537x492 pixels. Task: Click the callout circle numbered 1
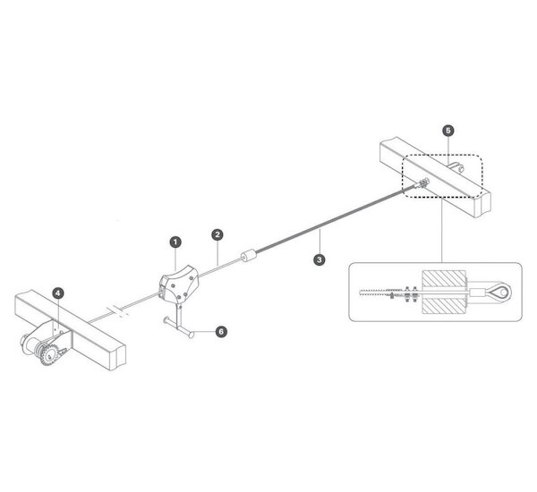coord(175,242)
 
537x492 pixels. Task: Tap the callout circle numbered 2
coord(217,234)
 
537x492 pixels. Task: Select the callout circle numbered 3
coord(320,259)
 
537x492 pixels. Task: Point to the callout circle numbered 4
coord(58,293)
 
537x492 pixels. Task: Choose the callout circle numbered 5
coord(448,131)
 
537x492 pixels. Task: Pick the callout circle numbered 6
coord(221,331)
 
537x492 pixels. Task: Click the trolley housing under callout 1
coord(179,284)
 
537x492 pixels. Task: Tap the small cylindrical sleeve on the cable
coord(249,256)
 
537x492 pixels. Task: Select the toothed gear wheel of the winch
coord(48,355)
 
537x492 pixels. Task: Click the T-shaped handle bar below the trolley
coord(179,327)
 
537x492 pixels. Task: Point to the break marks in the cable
coord(119,311)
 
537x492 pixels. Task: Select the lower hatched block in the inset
coord(444,305)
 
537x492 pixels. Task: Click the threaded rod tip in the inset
coord(361,293)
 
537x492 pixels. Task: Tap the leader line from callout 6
coord(205,332)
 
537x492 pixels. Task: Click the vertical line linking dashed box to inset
coord(442,230)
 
